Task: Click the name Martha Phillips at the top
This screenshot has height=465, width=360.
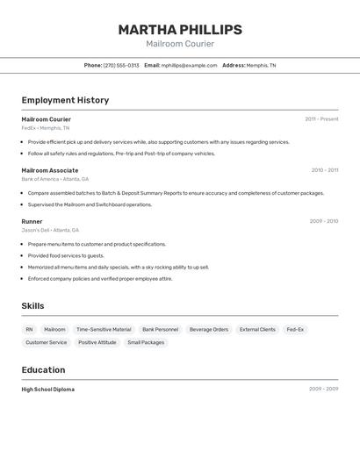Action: pyautogui.click(x=180, y=30)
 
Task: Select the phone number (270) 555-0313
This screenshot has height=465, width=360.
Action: pyautogui.click(x=121, y=65)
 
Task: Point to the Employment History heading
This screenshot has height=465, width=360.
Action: pyautogui.click(x=65, y=100)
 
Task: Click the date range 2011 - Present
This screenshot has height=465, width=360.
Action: pyautogui.click(x=321, y=119)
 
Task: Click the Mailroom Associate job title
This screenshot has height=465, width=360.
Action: pyautogui.click(x=50, y=170)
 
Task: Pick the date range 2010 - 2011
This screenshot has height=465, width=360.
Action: pyautogui.click(x=324, y=170)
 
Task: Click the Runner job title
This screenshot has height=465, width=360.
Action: pyautogui.click(x=32, y=221)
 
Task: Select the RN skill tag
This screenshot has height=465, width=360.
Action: pyautogui.click(x=29, y=330)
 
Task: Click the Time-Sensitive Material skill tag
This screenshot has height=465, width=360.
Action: pyautogui.click(x=104, y=330)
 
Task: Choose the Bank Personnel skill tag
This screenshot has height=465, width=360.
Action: pyautogui.click(x=160, y=330)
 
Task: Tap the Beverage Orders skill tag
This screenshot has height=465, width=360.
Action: pyautogui.click(x=209, y=330)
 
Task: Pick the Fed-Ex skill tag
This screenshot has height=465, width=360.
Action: pyautogui.click(x=295, y=330)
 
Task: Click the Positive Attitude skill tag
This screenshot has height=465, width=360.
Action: pyautogui.click(x=97, y=343)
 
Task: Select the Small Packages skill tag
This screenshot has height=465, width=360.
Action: pyautogui.click(x=146, y=343)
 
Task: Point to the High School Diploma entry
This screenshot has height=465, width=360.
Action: pyautogui.click(x=48, y=389)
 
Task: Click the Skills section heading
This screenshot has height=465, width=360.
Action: pyautogui.click(x=32, y=305)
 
